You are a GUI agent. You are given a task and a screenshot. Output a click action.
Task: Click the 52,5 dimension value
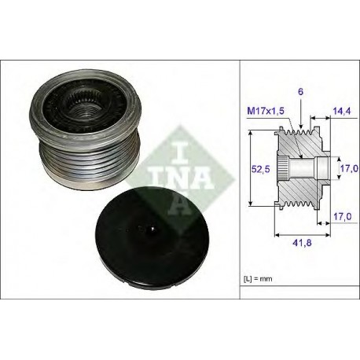click(260, 169)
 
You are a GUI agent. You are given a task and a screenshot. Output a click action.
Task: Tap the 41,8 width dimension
click(302, 243)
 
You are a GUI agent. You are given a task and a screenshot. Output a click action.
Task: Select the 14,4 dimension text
click(342, 111)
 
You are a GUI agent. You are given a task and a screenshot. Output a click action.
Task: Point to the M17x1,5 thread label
click(266, 111)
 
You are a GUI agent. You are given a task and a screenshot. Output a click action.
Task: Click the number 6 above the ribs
click(301, 92)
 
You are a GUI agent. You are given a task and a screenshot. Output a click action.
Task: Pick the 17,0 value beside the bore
click(349, 168)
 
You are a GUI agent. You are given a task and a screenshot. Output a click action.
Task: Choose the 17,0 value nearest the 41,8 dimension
click(343, 217)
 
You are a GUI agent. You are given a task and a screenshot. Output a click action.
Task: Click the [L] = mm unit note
click(258, 279)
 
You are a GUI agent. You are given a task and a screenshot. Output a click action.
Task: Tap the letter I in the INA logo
click(180, 152)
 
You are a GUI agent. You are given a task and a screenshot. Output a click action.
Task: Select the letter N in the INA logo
click(170, 178)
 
